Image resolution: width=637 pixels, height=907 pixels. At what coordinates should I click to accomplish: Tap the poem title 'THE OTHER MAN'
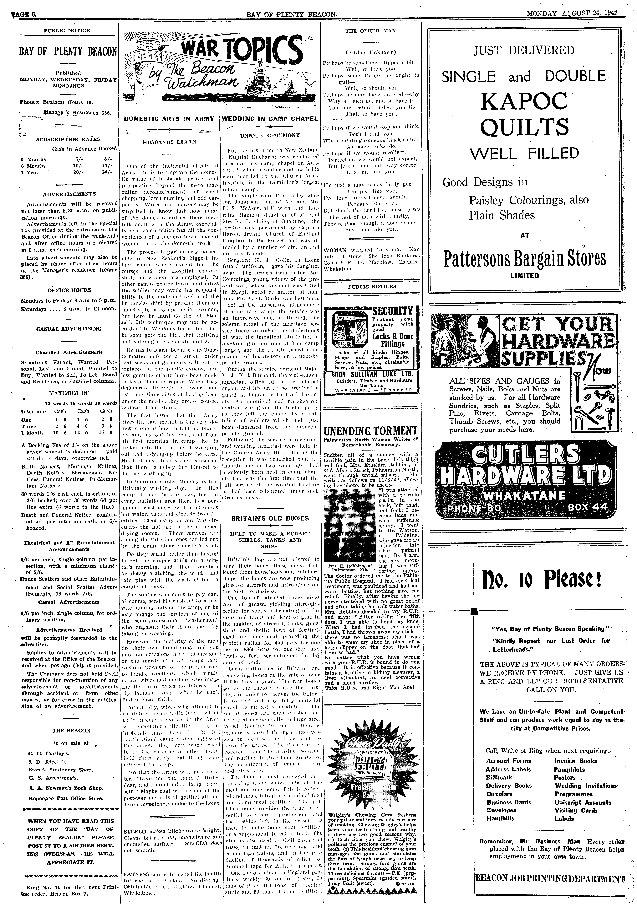[x=371, y=30]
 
